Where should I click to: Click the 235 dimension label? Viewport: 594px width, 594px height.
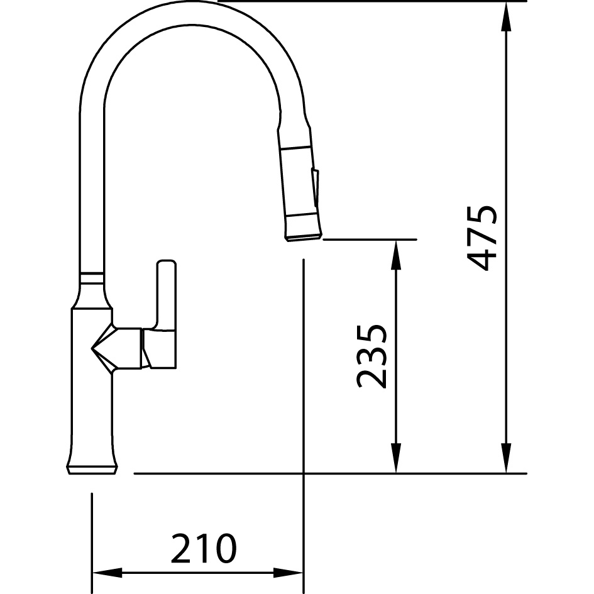click(371, 356)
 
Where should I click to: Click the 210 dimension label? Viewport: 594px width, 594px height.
click(204, 548)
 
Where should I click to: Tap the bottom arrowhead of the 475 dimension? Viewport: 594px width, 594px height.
click(506, 458)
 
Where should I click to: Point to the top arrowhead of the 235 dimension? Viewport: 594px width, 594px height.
click(396, 255)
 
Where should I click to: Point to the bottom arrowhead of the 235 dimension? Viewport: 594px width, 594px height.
click(396, 458)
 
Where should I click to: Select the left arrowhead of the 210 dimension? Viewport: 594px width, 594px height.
click(107, 573)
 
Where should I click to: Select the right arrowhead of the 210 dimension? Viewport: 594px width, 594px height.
click(288, 573)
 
